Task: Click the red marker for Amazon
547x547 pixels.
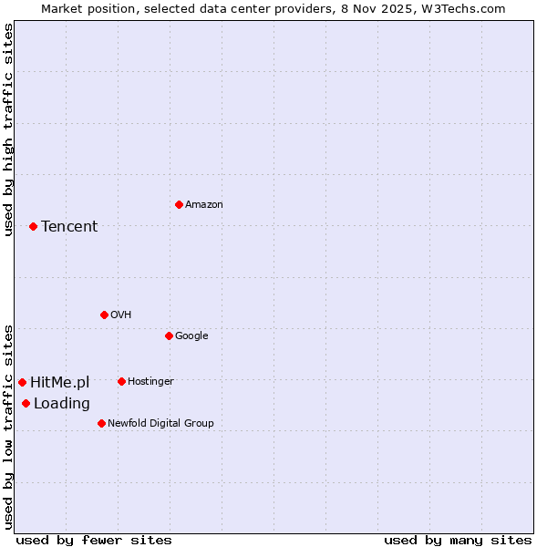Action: coord(179,204)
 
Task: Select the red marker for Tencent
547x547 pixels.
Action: coord(33,226)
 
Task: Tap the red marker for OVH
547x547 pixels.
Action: coord(104,315)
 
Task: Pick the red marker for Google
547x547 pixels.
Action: coord(169,335)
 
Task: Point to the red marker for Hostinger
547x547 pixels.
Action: coord(121,381)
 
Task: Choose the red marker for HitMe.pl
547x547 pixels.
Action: coord(22,382)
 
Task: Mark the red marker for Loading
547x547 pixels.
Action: coord(26,403)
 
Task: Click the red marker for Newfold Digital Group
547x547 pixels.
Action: coord(101,423)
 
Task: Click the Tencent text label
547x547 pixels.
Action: coord(69,226)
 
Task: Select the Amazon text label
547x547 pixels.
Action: coord(204,205)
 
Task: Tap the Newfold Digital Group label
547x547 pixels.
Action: coord(160,423)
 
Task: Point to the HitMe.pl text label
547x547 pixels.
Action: coord(60,382)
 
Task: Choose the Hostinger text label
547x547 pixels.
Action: coord(150,381)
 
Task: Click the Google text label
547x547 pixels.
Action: coord(191,335)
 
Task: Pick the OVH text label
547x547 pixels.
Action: coord(121,315)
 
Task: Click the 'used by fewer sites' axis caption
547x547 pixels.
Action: coord(94,540)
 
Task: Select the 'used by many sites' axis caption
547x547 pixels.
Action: coord(458,540)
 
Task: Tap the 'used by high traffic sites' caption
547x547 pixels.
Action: coord(8,129)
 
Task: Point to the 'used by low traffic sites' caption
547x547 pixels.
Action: coord(8,426)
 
